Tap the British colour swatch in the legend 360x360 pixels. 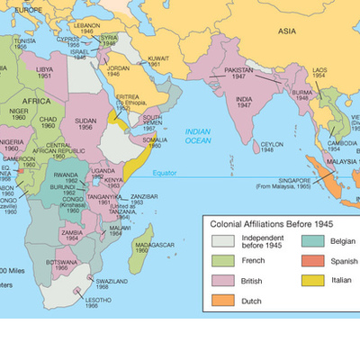pyautogui.click(x=223, y=280)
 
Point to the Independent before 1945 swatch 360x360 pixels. pyautogui.click(x=223, y=239)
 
